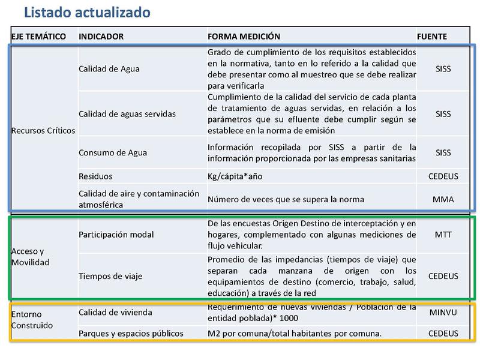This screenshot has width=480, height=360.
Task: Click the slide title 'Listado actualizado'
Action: pyautogui.click(x=86, y=12)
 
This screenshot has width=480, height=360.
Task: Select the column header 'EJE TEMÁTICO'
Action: pyautogui.click(x=38, y=37)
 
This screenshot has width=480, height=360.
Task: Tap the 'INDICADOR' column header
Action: pyautogui.click(x=101, y=37)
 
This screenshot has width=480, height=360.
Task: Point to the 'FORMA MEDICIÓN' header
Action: pyautogui.click(x=244, y=37)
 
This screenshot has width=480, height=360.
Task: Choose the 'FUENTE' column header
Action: pyautogui.click(x=432, y=37)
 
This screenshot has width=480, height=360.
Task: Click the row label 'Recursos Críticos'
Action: pyautogui.click(x=43, y=130)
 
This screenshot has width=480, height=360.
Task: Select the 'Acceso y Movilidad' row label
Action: pyautogui.click(x=30, y=257)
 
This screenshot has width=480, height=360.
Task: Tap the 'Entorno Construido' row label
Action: pyautogui.click(x=32, y=320)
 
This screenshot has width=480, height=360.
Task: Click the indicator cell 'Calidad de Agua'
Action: pyautogui.click(x=109, y=68)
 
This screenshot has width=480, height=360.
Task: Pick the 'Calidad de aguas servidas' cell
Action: pyautogui.click(x=127, y=113)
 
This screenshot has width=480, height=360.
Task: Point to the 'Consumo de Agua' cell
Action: pyautogui.click(x=113, y=152)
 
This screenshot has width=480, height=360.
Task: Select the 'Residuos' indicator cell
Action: pyautogui.click(x=95, y=177)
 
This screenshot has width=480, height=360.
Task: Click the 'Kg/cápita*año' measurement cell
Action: pyautogui.click(x=235, y=177)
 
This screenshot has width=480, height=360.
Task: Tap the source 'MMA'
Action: pyautogui.click(x=443, y=199)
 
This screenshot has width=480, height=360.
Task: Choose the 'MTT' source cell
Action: pyautogui.click(x=443, y=234)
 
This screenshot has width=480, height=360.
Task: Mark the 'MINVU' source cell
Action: pyautogui.click(x=443, y=313)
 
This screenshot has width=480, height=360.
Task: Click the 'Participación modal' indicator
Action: pyautogui.click(x=116, y=234)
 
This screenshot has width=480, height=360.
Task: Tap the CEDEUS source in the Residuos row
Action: pyautogui.click(x=443, y=177)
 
